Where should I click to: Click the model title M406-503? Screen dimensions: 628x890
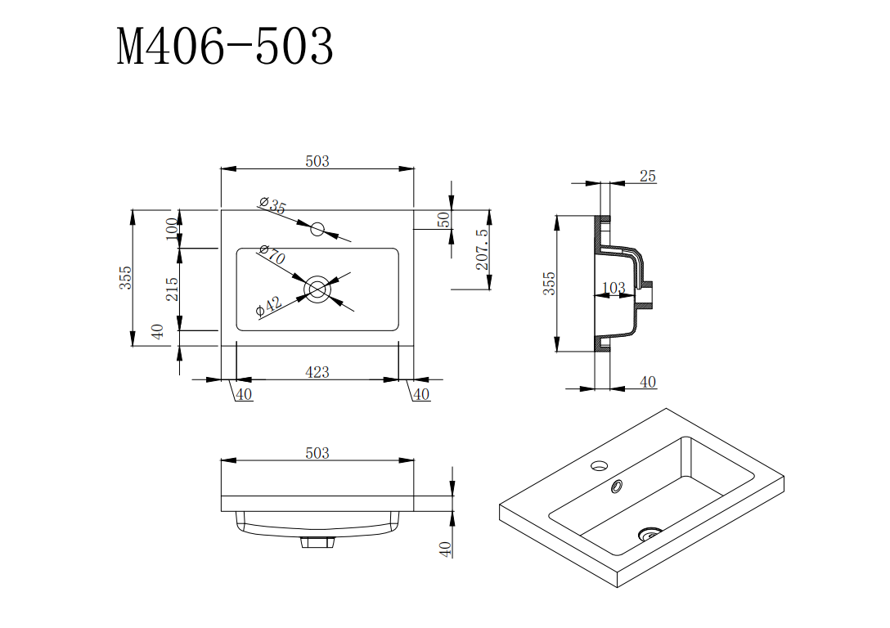tap(225, 47)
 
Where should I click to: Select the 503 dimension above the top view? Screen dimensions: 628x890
tap(317, 161)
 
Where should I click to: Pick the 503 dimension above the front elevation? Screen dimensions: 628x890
tap(317, 453)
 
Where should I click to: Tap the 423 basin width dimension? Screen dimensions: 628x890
tap(317, 372)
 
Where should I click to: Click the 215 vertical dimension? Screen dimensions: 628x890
tap(173, 289)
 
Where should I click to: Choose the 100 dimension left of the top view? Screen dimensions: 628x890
tap(172, 228)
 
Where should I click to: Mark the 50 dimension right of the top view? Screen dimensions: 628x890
tap(443, 220)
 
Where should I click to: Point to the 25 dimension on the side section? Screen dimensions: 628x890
tap(648, 176)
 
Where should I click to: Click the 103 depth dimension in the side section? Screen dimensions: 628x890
tap(614, 288)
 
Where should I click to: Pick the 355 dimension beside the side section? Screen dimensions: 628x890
tap(550, 284)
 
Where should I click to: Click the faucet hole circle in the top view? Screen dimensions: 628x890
tap(317, 228)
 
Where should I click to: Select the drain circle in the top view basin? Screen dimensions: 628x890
tap(317, 289)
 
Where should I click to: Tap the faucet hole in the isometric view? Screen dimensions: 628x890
tap(599, 467)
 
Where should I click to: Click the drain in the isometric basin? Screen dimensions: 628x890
tap(650, 534)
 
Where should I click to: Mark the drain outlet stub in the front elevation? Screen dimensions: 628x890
tap(317, 541)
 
